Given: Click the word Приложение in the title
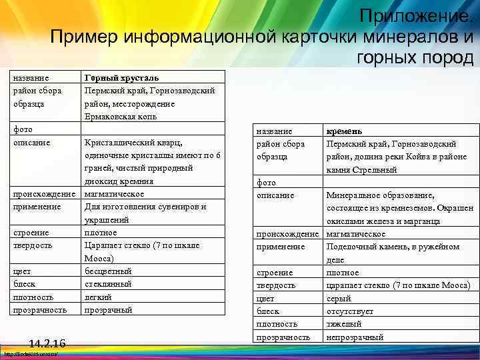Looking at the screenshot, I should point(413,14).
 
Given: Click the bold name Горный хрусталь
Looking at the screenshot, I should point(121,78).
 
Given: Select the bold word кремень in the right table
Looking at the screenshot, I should point(343,131).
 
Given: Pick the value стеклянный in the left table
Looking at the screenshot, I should point(107,284).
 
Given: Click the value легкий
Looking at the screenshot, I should point(98,297).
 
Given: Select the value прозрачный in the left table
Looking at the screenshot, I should point(108,310).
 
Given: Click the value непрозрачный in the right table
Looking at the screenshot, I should point(355,337).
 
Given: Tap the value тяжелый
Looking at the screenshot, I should point(344,324).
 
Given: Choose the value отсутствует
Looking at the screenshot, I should point(349,311).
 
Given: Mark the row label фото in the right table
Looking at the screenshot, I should point(267,182).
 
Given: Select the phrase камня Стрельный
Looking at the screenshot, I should point(361,170).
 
